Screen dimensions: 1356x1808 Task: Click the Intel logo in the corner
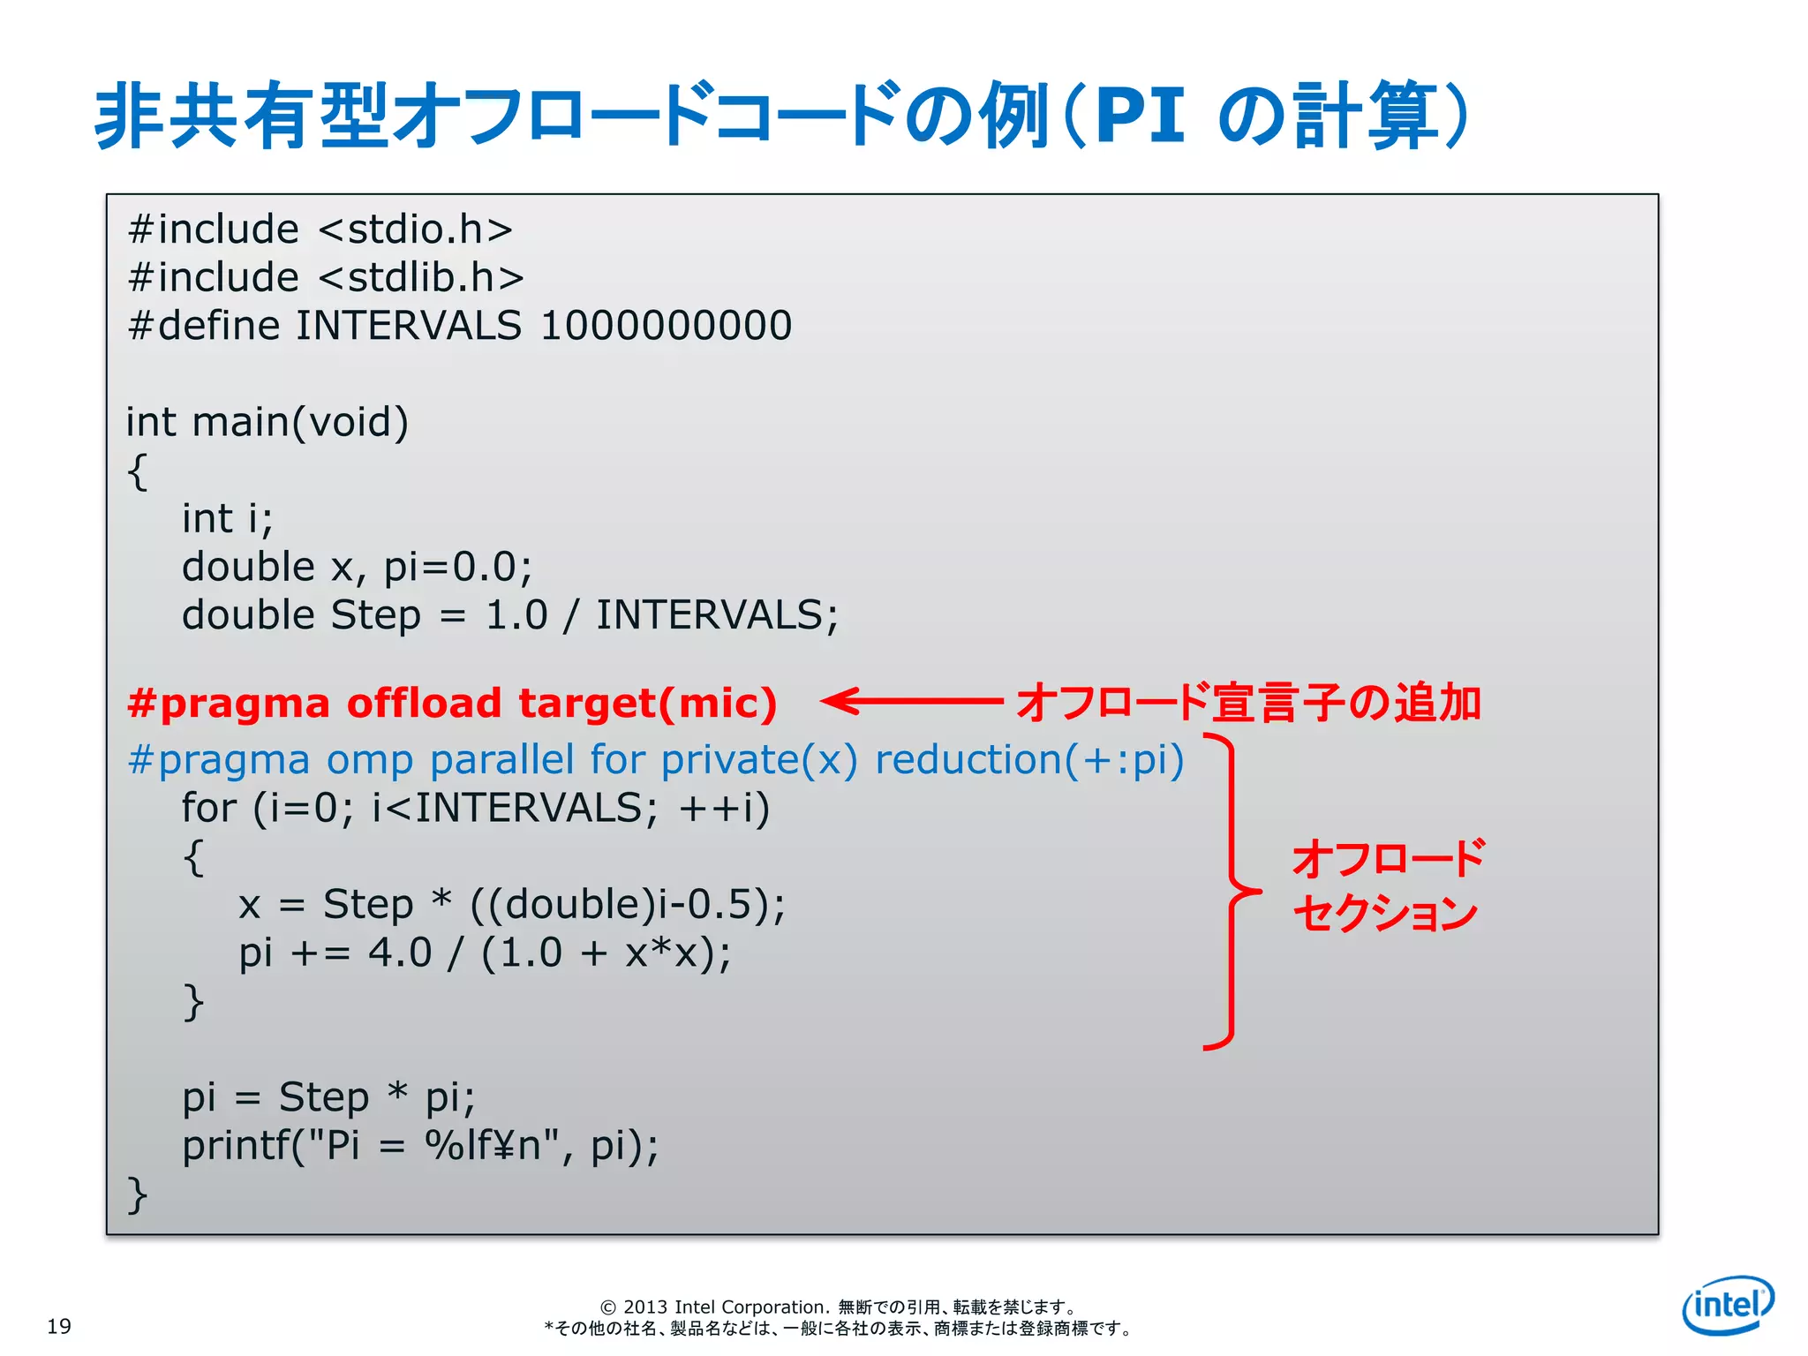(1728, 1305)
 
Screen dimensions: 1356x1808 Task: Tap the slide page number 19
(59, 1326)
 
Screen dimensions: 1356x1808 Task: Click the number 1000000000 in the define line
(666, 326)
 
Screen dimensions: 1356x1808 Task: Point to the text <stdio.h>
(415, 230)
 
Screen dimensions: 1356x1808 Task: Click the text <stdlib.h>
(420, 278)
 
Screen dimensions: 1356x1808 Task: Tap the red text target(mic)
(647, 704)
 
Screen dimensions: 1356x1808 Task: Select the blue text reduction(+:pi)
(1029, 760)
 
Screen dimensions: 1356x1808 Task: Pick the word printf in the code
(237, 1146)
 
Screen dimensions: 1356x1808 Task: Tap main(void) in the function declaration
(300, 422)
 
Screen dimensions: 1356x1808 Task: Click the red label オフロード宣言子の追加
(1248, 703)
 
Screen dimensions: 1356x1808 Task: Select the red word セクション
(1385, 913)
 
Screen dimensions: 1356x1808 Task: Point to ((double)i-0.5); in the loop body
(628, 905)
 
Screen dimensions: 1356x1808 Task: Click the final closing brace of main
(137, 1194)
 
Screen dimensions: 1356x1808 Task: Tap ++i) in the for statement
(724, 808)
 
